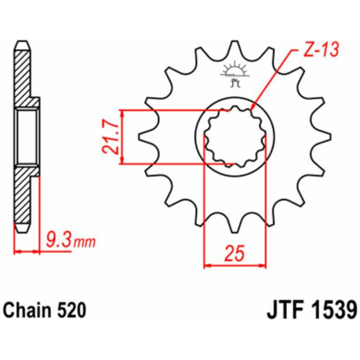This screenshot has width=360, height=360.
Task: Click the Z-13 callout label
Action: point(321,50)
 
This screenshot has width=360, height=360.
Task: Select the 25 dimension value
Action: point(234,253)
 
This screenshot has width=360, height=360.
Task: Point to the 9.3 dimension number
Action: point(58,239)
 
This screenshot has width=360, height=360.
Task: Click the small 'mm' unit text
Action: point(84,242)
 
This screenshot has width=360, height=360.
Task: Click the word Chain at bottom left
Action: point(27,310)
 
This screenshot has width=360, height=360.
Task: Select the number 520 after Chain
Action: point(71,310)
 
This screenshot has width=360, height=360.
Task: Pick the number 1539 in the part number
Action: point(332,310)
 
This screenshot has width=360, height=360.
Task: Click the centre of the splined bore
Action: point(235,136)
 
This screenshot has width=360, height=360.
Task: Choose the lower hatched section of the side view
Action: point(24,195)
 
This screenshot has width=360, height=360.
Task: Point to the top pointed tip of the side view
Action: point(22,41)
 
